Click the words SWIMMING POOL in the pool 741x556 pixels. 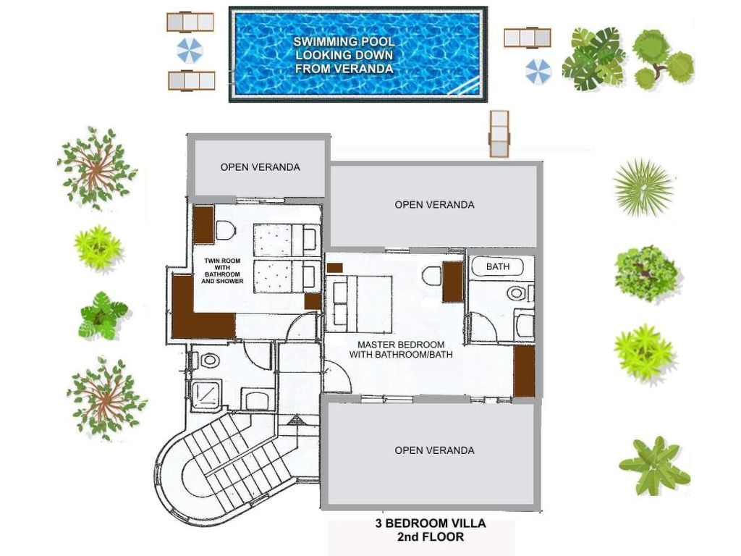[344, 41]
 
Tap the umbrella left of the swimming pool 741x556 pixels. [190, 51]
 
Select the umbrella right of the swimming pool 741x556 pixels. [538, 71]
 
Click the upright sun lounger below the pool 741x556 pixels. [499, 134]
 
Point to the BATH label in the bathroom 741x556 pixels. [498, 266]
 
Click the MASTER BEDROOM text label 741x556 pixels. [401, 345]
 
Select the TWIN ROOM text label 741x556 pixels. [222, 261]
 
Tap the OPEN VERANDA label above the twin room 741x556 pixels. [260, 167]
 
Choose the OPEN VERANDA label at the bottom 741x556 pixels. [434, 450]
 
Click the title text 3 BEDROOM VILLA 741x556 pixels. [431, 523]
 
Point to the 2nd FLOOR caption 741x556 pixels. [431, 536]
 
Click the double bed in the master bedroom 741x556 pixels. [363, 305]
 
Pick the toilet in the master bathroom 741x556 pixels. [517, 293]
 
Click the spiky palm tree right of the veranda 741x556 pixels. [643, 188]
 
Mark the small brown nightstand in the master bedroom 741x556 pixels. [334, 268]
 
